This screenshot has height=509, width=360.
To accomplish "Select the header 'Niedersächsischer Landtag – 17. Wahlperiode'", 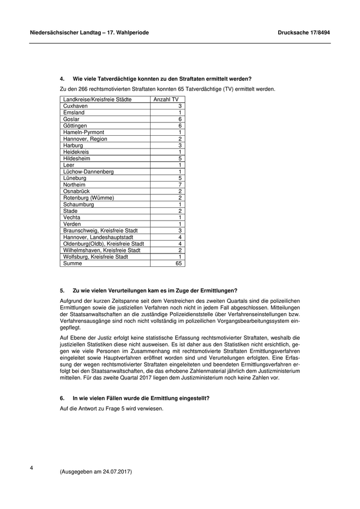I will coord(89,32).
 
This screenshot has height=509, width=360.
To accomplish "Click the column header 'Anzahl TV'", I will coord(166,99).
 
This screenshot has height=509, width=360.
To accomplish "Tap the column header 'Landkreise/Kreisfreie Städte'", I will coord(97,99).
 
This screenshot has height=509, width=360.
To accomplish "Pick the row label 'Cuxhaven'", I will coord(76,106).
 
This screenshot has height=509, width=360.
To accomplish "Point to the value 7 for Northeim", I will coord(180,185).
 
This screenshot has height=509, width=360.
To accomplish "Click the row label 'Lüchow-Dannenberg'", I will coord(88,172).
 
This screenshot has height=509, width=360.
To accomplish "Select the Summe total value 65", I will coord(178,263).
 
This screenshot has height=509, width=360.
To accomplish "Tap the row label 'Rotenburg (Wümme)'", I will coord(88,198).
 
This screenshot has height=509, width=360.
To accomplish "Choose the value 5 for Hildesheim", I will coord(180,158).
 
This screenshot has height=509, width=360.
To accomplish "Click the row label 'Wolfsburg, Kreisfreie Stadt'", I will coord(96,257).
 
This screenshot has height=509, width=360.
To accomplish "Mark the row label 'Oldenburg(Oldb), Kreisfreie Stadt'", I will coord(104,244).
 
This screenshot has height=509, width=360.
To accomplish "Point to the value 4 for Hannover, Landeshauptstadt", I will coord(180,237).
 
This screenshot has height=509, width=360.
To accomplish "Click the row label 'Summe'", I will coord(73,263).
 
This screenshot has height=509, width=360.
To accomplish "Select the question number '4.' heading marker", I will coord(62,79).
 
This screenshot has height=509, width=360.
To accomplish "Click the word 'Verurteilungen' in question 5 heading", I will coord(122,290).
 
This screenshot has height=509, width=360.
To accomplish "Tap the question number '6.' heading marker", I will coord(62,398).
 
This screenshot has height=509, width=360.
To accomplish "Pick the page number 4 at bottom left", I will coord(32,468).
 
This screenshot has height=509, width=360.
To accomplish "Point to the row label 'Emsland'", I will coord(74,113).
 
